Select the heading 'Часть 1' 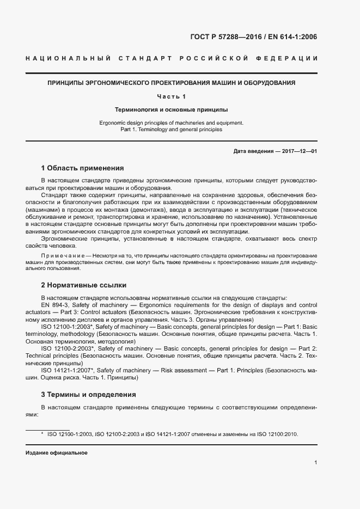(172, 97)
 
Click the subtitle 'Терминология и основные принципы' (172, 109)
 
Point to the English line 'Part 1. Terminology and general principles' (172, 130)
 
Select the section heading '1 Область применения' (83, 168)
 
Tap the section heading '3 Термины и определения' (88, 394)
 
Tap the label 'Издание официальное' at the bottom (56, 453)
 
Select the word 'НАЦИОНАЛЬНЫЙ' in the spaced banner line (69, 58)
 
